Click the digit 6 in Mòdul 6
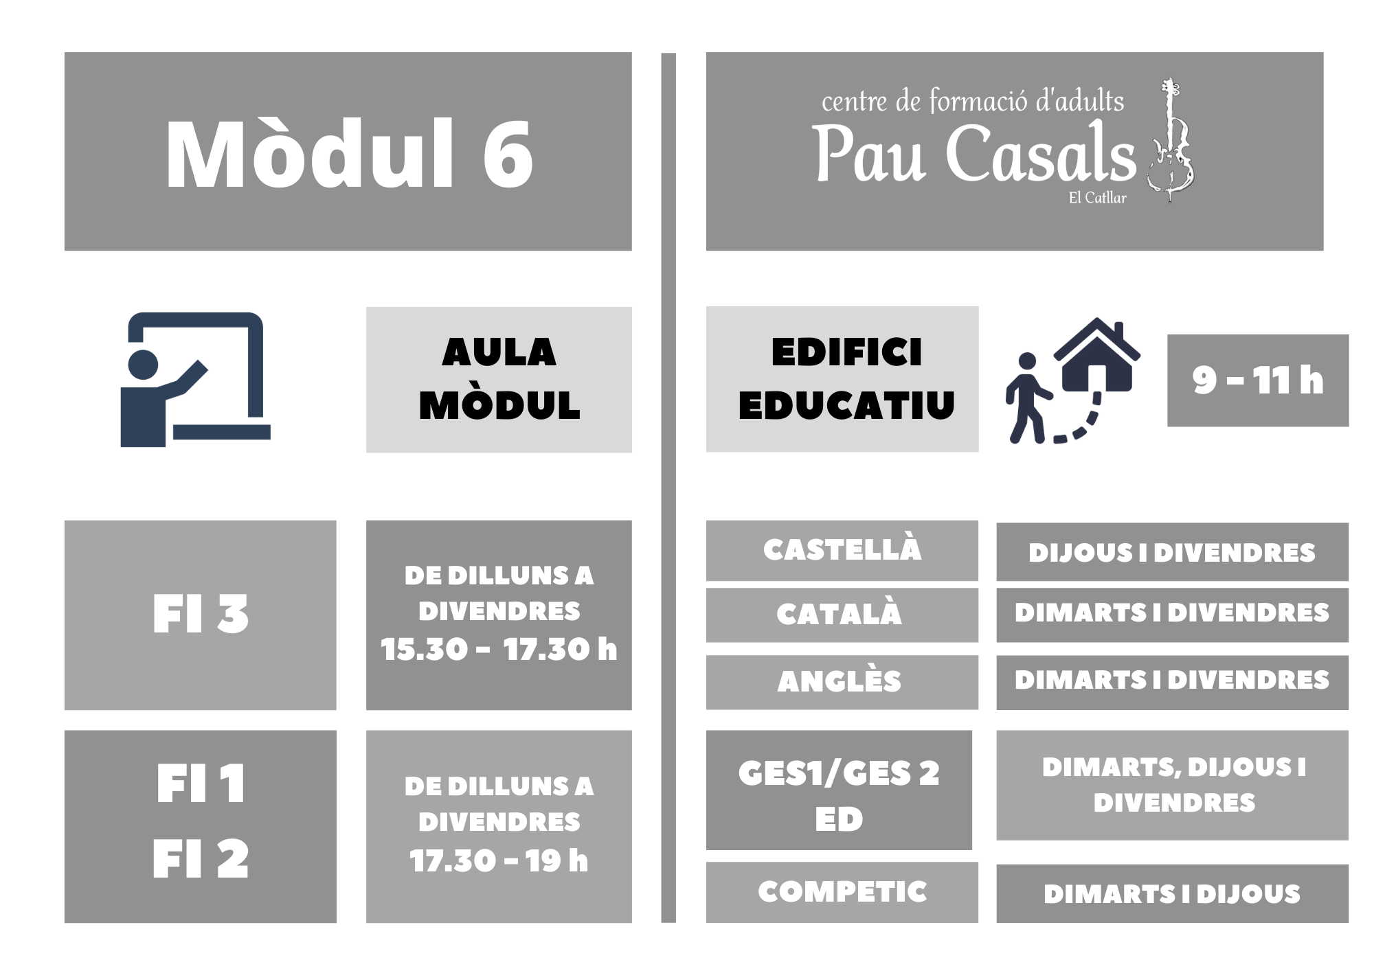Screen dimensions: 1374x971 coord(508,155)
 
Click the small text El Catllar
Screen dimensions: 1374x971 coord(1097,198)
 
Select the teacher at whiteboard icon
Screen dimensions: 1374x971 coord(195,380)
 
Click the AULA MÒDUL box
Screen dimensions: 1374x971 coord(499,379)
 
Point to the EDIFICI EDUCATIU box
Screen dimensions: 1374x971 coord(842,379)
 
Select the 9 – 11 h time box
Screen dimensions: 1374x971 coord(1258,380)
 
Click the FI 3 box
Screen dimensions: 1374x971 coord(201,615)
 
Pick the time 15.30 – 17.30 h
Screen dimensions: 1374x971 coord(499,650)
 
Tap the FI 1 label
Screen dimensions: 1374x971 coord(201,784)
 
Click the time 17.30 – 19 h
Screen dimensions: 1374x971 coord(499,860)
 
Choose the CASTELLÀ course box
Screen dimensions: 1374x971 coord(842,550)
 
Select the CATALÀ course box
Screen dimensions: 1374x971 coord(842,615)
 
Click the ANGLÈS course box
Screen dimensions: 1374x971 coord(842,682)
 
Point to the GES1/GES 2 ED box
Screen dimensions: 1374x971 coord(839,790)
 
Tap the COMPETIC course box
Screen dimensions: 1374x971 coord(842,892)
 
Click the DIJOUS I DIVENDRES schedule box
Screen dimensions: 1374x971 coord(1173,552)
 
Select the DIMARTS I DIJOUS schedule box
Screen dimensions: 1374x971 coord(1173,893)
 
